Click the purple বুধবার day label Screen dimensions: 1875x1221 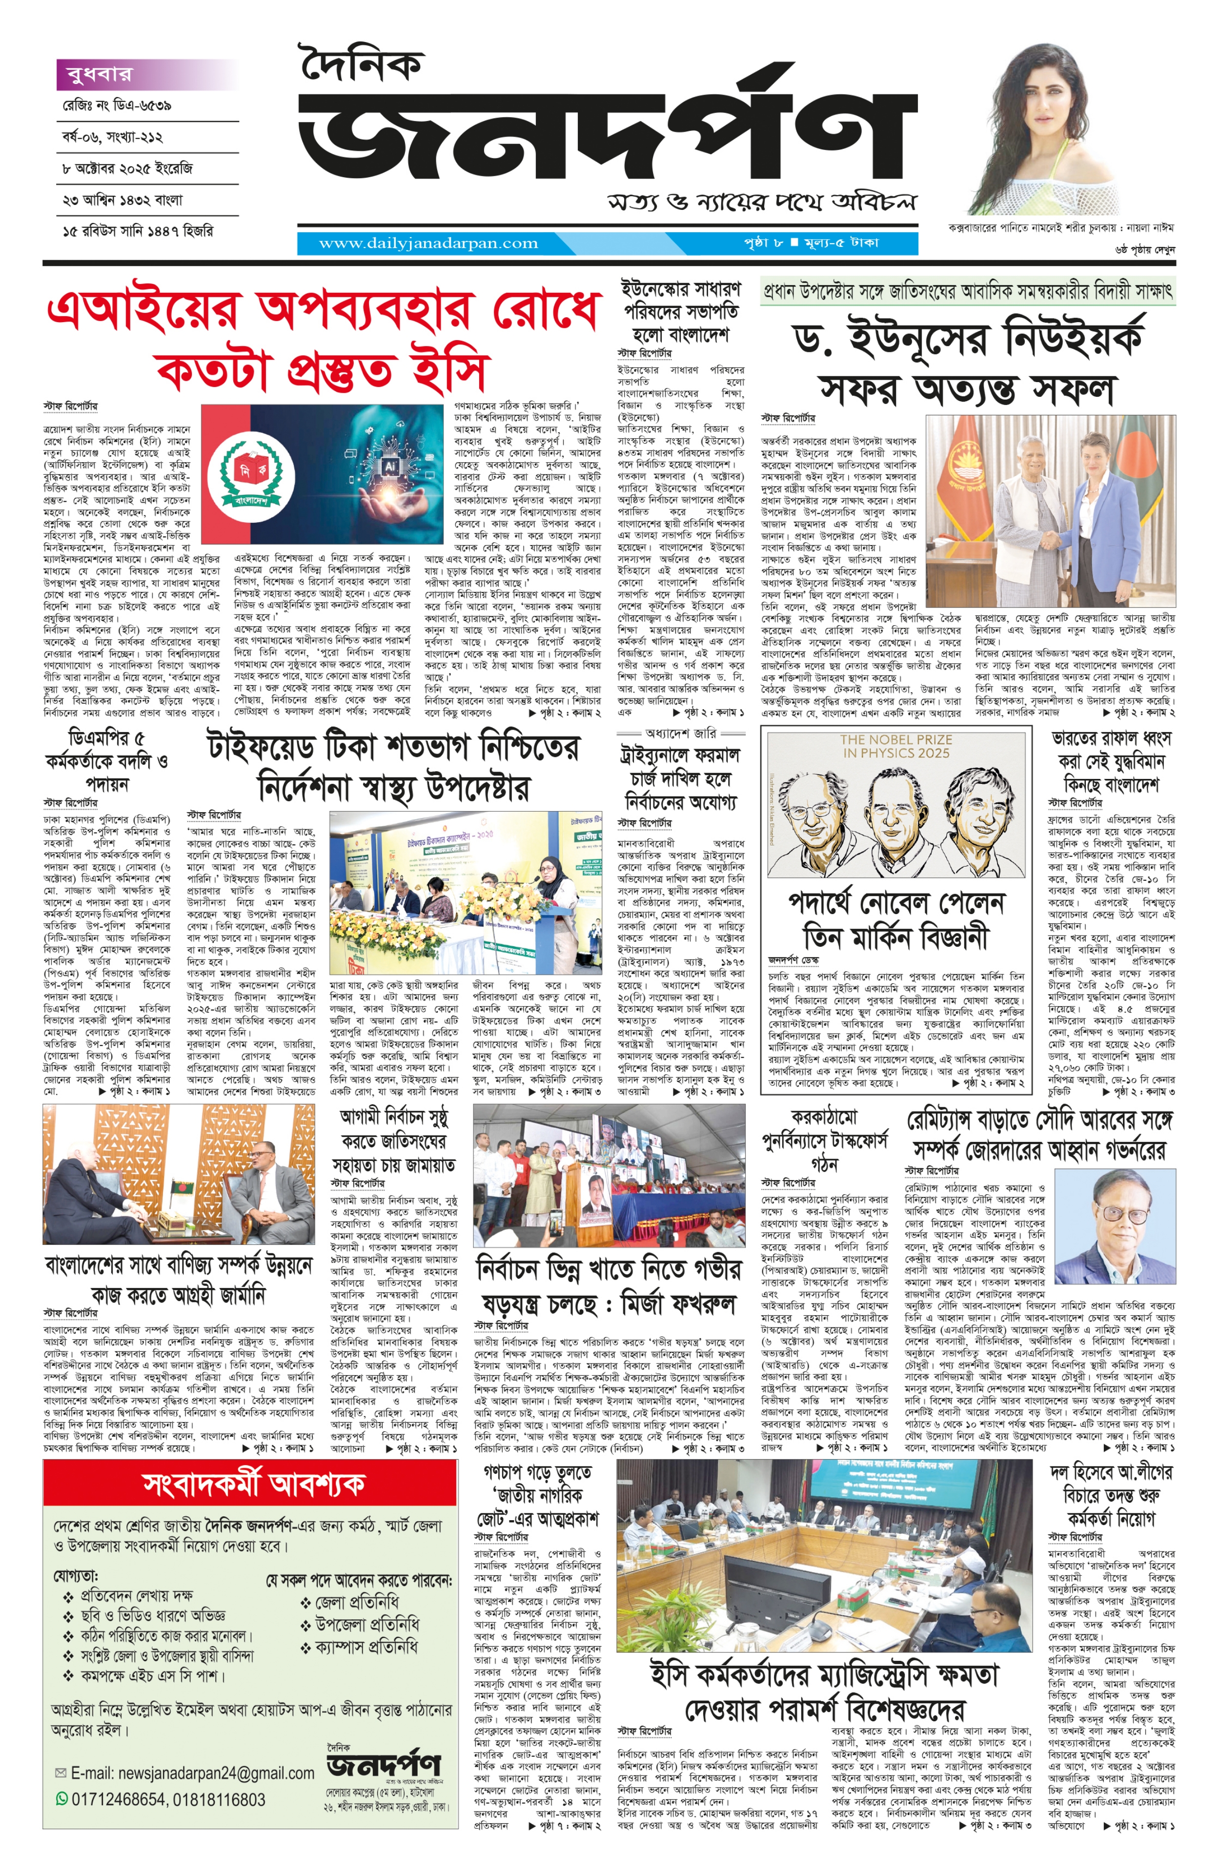95,75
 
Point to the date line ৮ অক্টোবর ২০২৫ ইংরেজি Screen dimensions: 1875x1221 127,168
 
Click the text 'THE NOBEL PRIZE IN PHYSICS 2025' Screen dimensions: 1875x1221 895,746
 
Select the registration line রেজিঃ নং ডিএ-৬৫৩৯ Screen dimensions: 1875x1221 118,105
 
